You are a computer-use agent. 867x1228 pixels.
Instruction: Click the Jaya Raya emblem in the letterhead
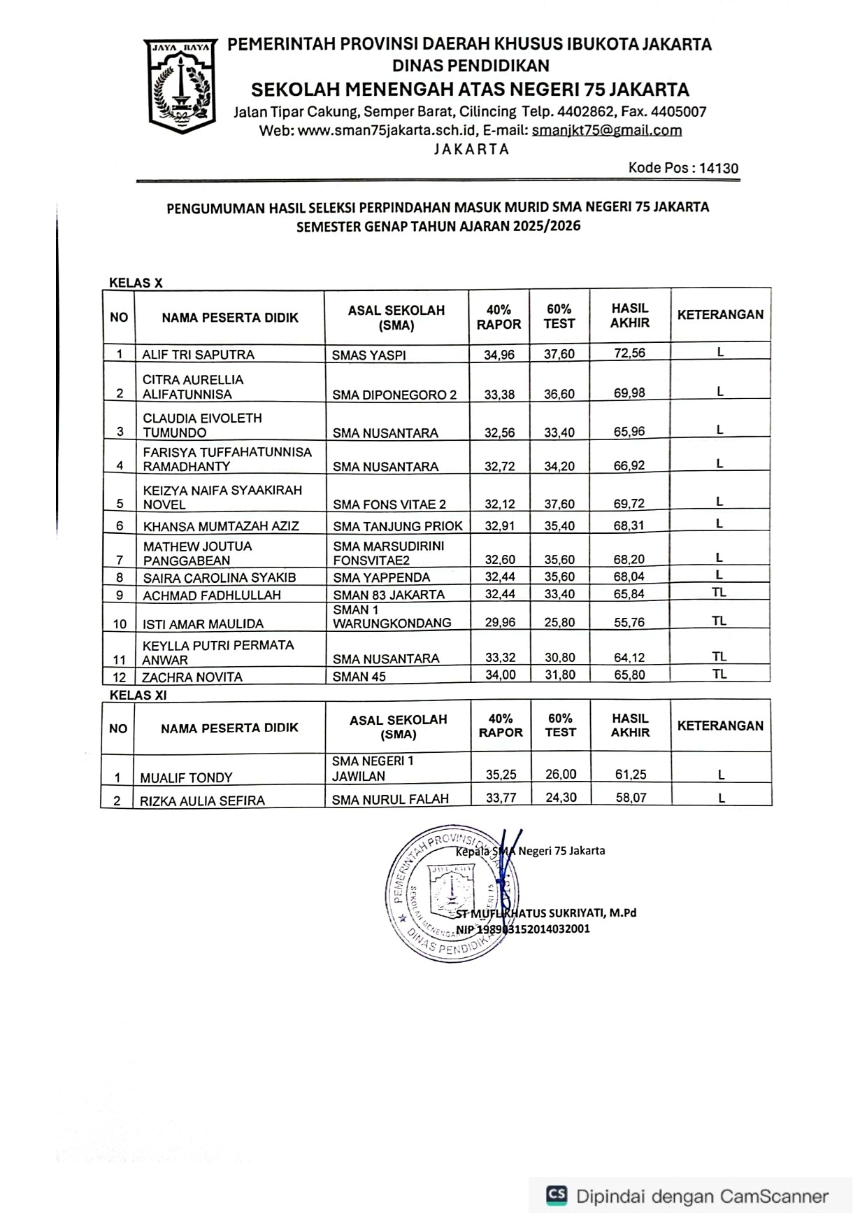[181, 85]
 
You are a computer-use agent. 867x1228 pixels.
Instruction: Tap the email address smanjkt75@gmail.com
[606, 130]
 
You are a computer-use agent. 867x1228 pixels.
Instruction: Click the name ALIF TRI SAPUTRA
[198, 355]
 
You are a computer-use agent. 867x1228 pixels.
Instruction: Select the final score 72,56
[629, 353]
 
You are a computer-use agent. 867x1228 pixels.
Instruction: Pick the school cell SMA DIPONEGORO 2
[394, 395]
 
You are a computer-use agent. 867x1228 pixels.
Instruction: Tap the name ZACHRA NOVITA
[192, 677]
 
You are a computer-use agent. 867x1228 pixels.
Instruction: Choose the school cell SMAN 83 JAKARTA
[389, 595]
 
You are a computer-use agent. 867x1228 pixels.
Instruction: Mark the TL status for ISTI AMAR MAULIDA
[719, 621]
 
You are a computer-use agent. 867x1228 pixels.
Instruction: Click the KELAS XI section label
[138, 696]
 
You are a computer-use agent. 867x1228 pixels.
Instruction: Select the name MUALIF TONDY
[186, 777]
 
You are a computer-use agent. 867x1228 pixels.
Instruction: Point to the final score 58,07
[631, 797]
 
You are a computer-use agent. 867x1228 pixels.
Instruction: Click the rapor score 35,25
[501, 775]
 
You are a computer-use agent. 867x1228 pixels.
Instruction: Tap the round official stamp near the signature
[451, 892]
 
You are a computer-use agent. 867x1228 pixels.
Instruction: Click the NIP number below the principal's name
[522, 929]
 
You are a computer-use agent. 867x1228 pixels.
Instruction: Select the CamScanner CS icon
[557, 1195]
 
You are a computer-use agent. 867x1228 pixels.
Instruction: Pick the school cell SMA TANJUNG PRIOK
[398, 526]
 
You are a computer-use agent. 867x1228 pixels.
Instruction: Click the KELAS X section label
[136, 283]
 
